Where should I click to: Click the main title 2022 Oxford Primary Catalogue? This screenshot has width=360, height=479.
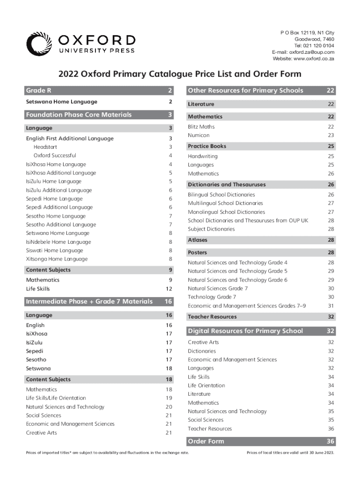coord(180,74)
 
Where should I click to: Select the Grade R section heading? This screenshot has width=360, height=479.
coord(39,90)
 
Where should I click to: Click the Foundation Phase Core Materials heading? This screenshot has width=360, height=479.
coord(79,115)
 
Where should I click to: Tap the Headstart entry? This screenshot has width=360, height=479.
coord(45,147)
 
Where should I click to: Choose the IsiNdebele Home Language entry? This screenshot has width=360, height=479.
coord(58,242)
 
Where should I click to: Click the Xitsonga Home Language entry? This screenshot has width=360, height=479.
coord(57,259)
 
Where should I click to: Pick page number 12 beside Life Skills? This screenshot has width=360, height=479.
coord(171,289)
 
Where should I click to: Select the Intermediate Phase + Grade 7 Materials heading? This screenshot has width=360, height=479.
coord(89,301)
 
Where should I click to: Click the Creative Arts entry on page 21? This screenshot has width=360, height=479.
coord(42,433)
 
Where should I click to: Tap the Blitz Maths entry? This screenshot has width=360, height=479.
coord(201,127)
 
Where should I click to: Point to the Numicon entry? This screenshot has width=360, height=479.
coord(199,135)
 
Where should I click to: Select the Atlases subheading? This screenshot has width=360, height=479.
coord(197,240)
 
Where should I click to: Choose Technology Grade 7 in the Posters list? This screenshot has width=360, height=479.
coord(212,297)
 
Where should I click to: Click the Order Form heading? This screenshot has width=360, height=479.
coord(206,441)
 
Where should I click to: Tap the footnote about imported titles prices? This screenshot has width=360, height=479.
coord(107,453)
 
